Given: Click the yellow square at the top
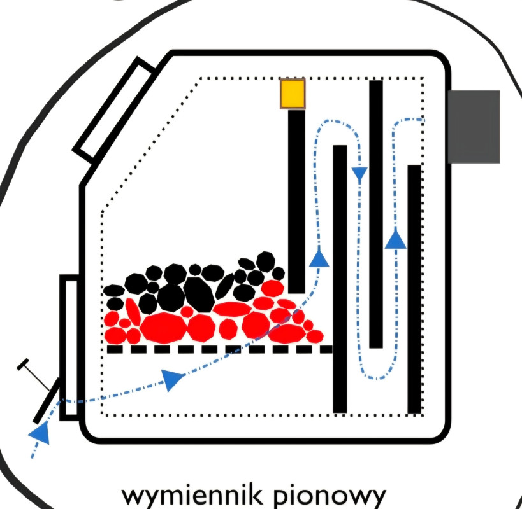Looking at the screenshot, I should coord(293,94).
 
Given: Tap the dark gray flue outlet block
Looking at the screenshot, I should coord(473,127).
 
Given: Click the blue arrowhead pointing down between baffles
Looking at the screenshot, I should coord(360,173).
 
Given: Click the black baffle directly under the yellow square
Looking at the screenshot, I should coord(296,201).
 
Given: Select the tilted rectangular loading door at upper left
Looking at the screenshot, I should coord(114,110).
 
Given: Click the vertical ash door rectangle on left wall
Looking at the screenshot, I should coord(69,347).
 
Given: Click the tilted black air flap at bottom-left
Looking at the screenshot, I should coord(46,400).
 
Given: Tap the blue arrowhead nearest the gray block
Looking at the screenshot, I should coord(396,239).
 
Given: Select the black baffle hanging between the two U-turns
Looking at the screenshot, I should coord(376,214).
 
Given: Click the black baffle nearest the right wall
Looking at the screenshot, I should coord(414,289).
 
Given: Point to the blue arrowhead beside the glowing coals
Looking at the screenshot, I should coord(319,258).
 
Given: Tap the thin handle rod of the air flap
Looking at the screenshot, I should coord(36,375).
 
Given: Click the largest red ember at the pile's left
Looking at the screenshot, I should coord(163,328).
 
